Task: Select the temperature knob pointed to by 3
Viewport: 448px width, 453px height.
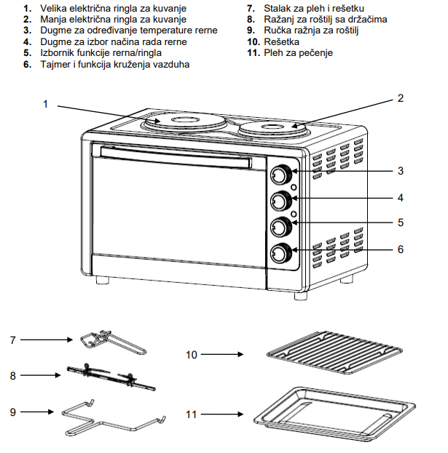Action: pos(280,175)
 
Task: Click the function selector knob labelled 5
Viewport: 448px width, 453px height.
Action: pos(280,228)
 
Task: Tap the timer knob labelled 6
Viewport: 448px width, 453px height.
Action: pos(280,253)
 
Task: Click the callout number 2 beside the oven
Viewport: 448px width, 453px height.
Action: pos(400,98)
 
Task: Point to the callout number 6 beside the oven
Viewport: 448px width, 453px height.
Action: pos(401,249)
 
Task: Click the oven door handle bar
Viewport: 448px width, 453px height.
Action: pos(175,155)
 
